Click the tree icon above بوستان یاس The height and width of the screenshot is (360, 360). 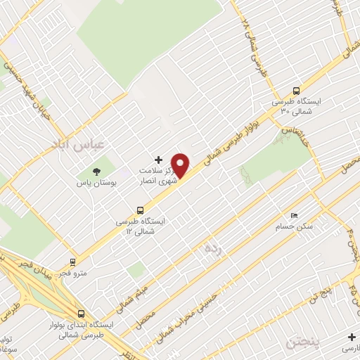96,171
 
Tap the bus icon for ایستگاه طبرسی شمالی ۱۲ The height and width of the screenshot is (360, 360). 141,210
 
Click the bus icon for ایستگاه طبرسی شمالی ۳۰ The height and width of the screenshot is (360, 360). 297,91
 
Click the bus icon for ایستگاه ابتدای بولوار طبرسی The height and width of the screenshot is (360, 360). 82,314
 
